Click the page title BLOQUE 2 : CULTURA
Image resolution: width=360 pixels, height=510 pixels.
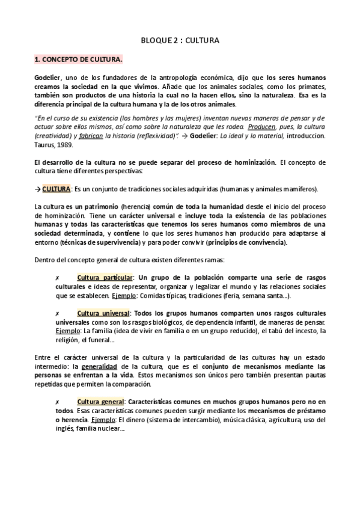tap(180, 40)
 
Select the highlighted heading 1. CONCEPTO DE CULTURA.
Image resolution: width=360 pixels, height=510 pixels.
tap(78, 60)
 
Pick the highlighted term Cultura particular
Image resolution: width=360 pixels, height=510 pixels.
tap(105, 277)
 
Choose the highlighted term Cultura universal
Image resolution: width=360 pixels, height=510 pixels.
tap(103, 314)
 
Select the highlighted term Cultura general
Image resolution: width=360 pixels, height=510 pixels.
tap(100, 384)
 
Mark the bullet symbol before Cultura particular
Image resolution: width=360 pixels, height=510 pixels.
tap(56, 278)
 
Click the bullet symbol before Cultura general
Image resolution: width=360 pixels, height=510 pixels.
tap(56, 385)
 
